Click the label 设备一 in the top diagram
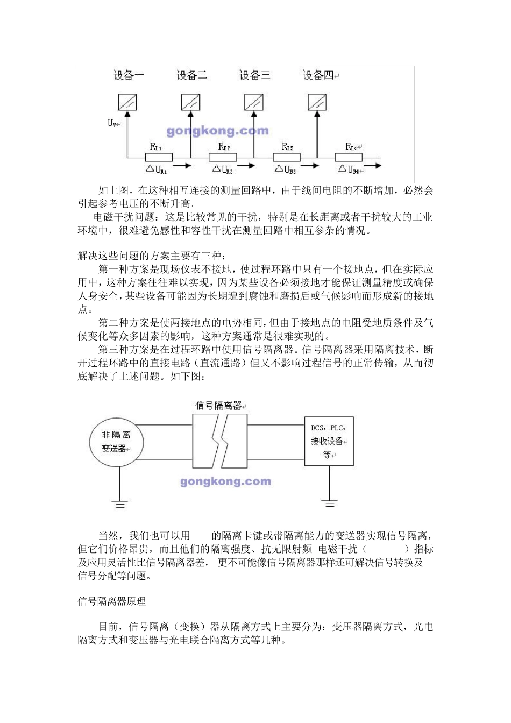[x=129, y=75]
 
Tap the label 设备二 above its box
[x=191, y=75]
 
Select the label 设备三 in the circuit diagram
[x=254, y=75]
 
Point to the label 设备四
[x=318, y=75]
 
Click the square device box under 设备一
[x=127, y=102]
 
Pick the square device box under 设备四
[x=317, y=102]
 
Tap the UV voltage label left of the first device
[x=112, y=123]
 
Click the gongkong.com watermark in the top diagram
[x=217, y=131]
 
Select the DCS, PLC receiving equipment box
[x=329, y=441]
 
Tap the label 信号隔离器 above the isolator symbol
[x=218, y=406]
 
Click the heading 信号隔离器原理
[x=112, y=601]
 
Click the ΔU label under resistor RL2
[x=221, y=170]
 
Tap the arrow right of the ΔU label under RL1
[x=182, y=166]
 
